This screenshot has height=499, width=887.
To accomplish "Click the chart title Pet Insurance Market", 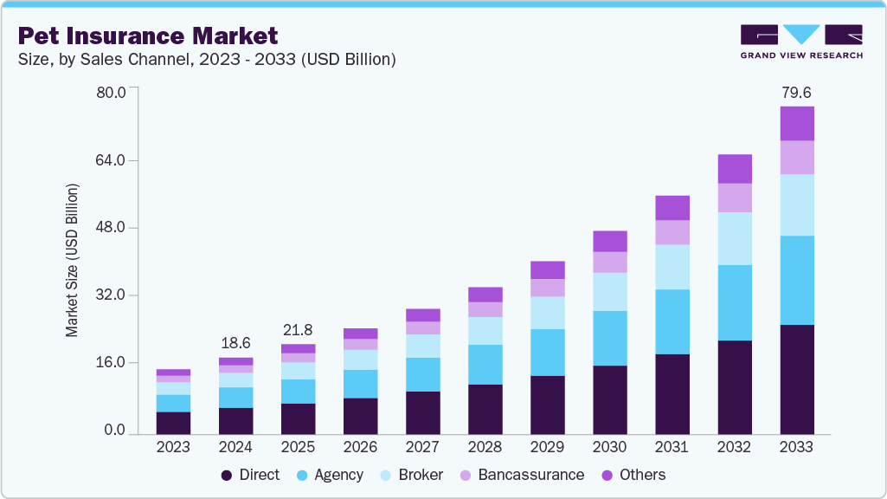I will pyautogui.click(x=148, y=36).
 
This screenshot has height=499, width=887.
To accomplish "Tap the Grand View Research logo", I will pyautogui.click(x=800, y=41).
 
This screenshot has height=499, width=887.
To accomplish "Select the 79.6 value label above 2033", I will pyautogui.click(x=796, y=93).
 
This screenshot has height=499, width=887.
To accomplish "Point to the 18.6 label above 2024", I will pyautogui.click(x=235, y=344).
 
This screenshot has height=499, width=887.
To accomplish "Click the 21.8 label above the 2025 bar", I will pyautogui.click(x=298, y=330).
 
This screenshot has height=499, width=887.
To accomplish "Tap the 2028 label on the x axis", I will pyautogui.click(x=485, y=448).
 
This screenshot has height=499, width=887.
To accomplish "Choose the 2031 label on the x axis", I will pyautogui.click(x=672, y=448).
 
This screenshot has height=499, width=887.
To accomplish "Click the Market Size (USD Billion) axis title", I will pyautogui.click(x=73, y=260).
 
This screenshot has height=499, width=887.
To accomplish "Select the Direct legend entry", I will pyautogui.click(x=251, y=475).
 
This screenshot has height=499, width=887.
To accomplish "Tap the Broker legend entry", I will pyautogui.click(x=412, y=475).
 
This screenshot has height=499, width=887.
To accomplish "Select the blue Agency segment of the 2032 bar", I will pyautogui.click(x=734, y=302).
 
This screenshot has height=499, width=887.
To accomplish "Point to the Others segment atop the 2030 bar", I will pyautogui.click(x=609, y=241).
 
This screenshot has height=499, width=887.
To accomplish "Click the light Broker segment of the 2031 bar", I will pyautogui.click(x=672, y=267).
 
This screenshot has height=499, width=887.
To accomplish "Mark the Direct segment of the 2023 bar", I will pyautogui.click(x=173, y=422).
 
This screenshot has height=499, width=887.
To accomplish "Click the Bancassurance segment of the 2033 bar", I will pyautogui.click(x=796, y=157).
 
